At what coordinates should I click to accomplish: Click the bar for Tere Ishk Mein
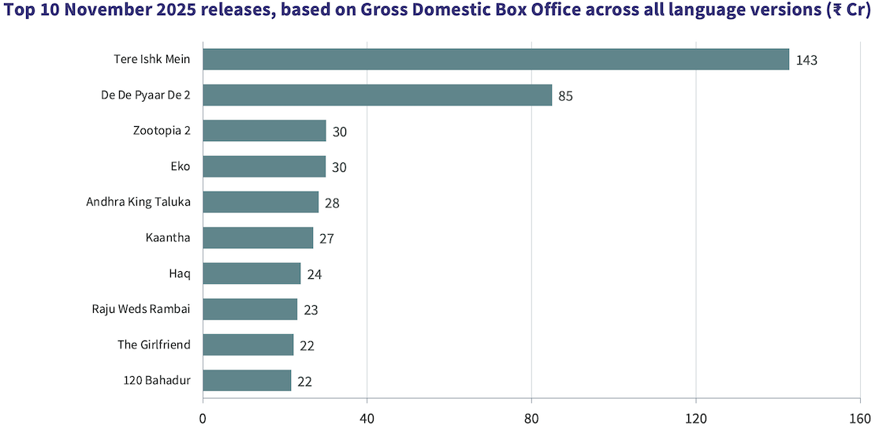pos(496,59)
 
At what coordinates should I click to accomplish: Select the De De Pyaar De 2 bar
pos(377,95)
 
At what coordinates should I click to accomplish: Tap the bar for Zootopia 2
pos(264,131)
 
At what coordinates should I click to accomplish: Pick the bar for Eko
pos(264,166)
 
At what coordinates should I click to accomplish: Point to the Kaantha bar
pos(258,238)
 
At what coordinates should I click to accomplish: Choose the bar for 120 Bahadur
pos(247,381)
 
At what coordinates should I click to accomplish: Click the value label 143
pos(806,60)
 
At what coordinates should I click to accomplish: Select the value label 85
pos(565,96)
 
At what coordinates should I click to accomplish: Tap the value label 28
pos(332,203)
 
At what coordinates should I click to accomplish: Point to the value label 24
pos(315,274)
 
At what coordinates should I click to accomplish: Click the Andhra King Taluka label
pos(139,202)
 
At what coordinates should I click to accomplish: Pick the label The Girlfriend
pos(154,344)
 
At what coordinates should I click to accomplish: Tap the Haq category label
pos(181,274)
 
